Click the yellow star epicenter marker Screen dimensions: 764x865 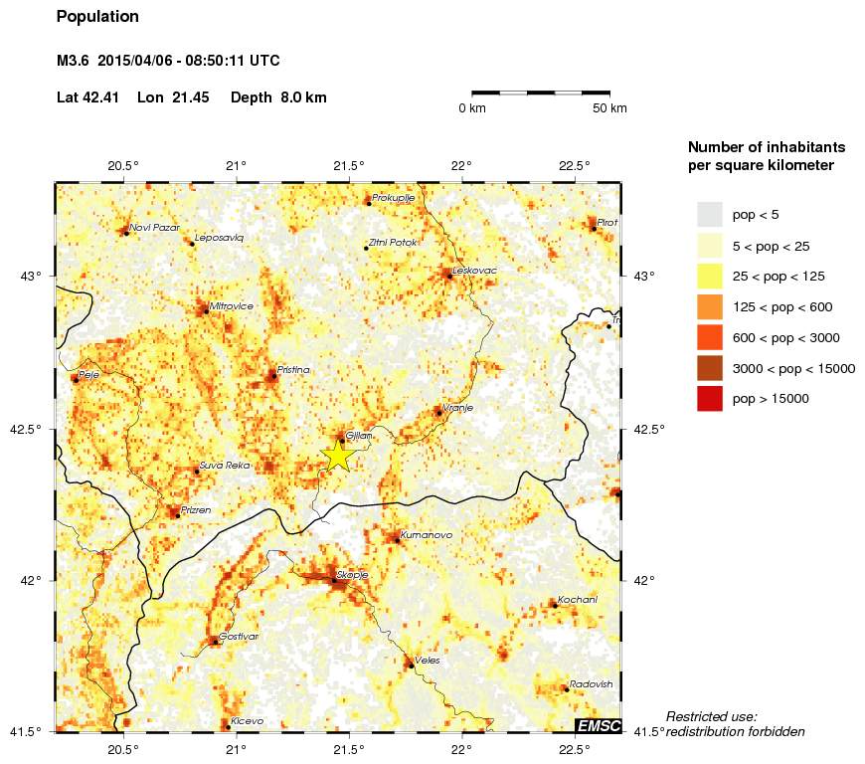(x=338, y=455)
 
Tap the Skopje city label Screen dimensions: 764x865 (x=353, y=575)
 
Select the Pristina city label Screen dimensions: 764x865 (x=294, y=369)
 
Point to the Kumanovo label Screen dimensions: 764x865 (x=427, y=535)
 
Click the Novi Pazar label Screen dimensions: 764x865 (x=154, y=227)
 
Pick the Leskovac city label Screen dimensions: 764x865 (x=474, y=271)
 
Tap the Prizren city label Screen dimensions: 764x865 (x=196, y=509)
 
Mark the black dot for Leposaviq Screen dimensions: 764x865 (x=192, y=243)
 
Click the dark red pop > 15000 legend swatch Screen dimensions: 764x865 (x=709, y=399)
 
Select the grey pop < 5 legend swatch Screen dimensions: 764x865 (x=709, y=214)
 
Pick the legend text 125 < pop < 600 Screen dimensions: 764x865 (x=781, y=306)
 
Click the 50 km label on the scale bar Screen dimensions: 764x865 (x=609, y=108)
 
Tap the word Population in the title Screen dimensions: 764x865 (x=97, y=17)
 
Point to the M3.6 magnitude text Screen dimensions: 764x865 (x=75, y=61)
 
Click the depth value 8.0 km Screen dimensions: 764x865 (x=302, y=97)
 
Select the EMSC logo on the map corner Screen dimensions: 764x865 (x=599, y=726)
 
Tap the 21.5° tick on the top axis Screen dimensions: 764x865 (x=349, y=165)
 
